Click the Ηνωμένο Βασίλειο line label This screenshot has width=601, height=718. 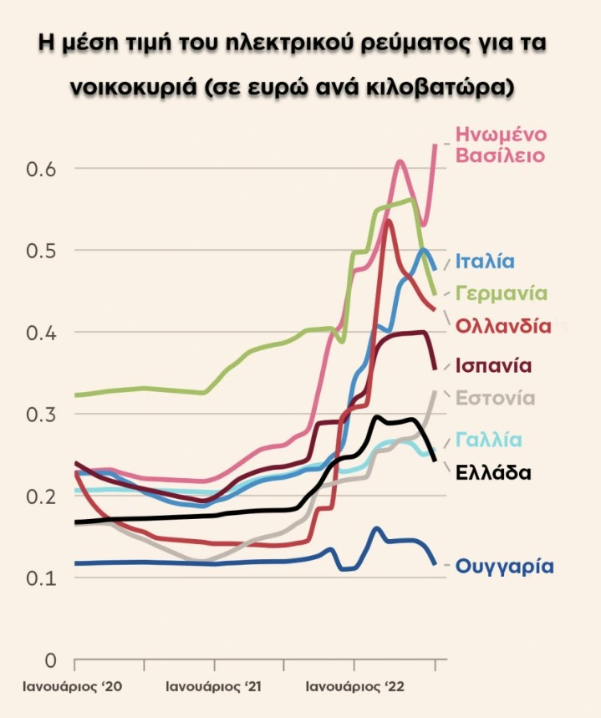501,144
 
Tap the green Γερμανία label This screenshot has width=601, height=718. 502,293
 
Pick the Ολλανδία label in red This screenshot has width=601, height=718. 504,326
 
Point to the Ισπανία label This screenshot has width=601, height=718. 495,365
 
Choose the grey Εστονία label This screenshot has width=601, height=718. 496,398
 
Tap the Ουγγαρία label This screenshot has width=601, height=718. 505,566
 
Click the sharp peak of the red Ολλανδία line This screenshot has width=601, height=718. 389,221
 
